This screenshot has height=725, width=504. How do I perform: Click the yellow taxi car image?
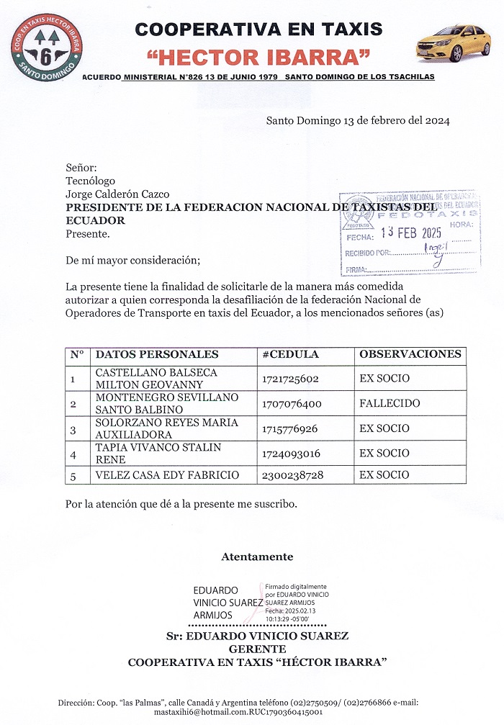coord(454,42)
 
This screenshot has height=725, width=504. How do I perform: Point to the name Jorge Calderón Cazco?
coord(117,194)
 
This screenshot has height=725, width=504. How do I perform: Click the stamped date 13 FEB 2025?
coord(411,233)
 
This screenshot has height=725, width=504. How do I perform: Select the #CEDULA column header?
coord(291,355)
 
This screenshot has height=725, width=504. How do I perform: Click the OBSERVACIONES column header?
coord(410,355)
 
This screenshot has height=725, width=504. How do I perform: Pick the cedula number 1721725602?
coord(291,379)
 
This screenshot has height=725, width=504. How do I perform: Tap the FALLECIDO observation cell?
coord(390,404)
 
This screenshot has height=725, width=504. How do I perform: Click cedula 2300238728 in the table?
coord(292,475)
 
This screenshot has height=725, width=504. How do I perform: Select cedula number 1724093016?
coord(291,454)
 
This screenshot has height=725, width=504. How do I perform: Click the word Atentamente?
coord(257,557)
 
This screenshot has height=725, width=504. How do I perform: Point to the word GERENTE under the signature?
coord(257,649)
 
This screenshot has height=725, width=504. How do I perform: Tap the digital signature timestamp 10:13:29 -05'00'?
coord(287,618)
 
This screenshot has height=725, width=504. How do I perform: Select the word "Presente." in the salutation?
coord(88,233)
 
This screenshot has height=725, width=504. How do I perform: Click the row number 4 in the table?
coord(73,454)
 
